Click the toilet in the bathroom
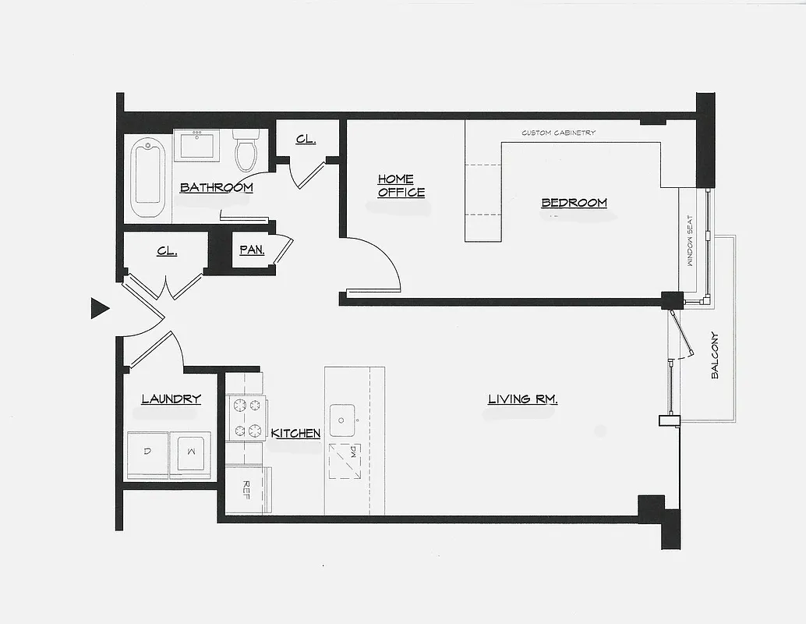[x=246, y=150]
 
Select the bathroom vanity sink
[x=196, y=146]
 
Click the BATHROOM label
[x=216, y=187]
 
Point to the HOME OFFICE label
[x=401, y=186]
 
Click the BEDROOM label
[x=574, y=203]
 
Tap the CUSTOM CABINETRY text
[x=558, y=133]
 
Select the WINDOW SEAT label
[x=689, y=242]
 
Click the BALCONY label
[x=715, y=356]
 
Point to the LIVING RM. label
[x=522, y=399]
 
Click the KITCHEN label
[x=295, y=433]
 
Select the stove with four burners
[x=246, y=418]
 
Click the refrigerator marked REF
[x=247, y=488]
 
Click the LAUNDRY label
[x=171, y=399]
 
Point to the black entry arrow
[x=99, y=309]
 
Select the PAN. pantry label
[x=252, y=250]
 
